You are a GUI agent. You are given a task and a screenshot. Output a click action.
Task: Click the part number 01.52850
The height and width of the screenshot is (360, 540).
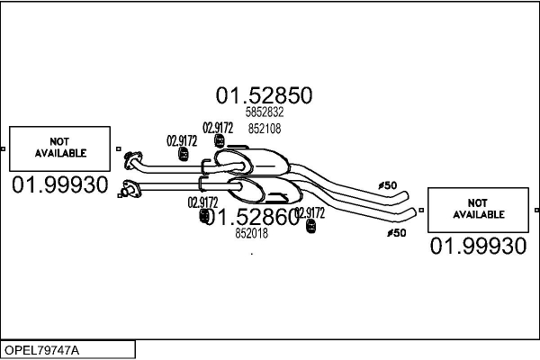click(263, 95)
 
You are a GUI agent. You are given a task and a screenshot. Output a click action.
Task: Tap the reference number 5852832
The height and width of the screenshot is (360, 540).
click(264, 112)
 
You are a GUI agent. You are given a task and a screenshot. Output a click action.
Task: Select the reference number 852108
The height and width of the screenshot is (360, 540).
click(264, 129)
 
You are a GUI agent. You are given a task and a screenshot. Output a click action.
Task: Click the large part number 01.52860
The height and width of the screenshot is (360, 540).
click(254, 216)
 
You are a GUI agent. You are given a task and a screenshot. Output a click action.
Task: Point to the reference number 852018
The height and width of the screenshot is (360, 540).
click(252, 233)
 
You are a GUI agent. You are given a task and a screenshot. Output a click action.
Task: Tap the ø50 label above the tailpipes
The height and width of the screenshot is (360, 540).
click(387, 185)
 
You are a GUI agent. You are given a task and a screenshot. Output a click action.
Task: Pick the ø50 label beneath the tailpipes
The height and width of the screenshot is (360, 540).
click(396, 232)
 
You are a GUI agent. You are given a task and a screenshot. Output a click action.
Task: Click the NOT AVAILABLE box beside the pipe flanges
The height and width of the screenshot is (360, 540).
click(60, 148)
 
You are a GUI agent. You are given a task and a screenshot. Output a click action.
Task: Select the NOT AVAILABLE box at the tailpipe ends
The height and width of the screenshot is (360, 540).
click(479, 210)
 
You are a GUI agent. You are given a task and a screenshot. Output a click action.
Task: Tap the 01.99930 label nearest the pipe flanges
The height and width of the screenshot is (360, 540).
click(59, 185)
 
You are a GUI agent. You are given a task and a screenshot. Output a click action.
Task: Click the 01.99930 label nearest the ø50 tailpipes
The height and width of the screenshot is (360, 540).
click(478, 247)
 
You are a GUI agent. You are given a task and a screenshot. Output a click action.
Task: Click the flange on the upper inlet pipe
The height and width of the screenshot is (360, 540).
click(132, 161)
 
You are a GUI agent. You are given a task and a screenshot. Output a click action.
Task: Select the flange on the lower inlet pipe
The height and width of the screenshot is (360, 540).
click(130, 189)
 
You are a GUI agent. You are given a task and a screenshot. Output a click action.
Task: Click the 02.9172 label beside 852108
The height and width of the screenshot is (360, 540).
click(218, 127)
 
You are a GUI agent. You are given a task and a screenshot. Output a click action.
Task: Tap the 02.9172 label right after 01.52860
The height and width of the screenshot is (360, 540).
click(310, 213)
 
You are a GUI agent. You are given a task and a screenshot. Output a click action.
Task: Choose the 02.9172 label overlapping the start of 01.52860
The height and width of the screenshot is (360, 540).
click(202, 202)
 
